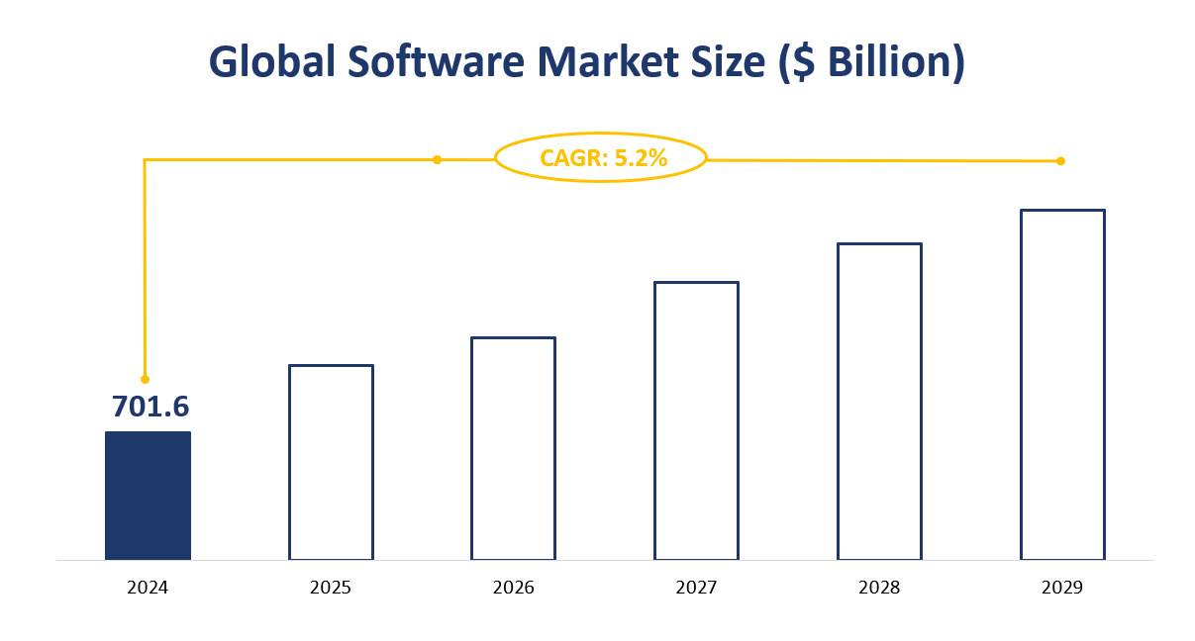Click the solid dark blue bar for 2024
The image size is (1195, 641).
click(x=148, y=495)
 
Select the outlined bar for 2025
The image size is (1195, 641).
click(x=331, y=462)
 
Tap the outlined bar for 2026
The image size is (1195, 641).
click(x=513, y=448)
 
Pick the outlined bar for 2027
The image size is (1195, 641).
click(x=696, y=420)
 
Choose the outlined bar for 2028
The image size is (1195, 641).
click(x=879, y=401)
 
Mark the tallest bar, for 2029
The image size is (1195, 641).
click(x=1062, y=384)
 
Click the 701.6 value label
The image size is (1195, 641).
click(x=150, y=407)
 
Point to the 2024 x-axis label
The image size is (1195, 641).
click(x=148, y=588)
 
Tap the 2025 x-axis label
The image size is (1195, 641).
click(x=331, y=588)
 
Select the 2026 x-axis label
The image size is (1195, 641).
click(x=513, y=588)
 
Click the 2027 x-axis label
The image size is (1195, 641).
click(x=696, y=588)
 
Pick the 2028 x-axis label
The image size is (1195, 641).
click(x=879, y=588)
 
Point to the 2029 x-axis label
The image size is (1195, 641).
click(x=1062, y=588)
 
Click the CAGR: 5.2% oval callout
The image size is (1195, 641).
click(x=601, y=158)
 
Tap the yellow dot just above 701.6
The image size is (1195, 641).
click(x=145, y=379)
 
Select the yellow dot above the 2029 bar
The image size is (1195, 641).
click(x=1060, y=161)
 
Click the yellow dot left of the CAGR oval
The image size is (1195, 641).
click(x=437, y=159)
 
